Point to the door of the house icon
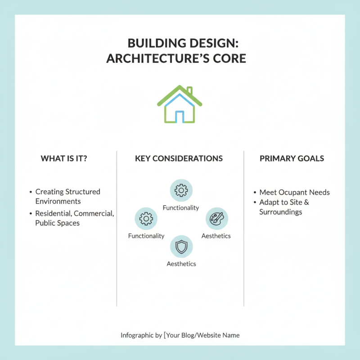click(x=180, y=117)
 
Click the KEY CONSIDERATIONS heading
click(x=179, y=158)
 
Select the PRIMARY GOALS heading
click(x=292, y=158)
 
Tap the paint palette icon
click(x=216, y=219)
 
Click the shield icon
click(x=181, y=247)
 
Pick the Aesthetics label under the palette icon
click(x=216, y=236)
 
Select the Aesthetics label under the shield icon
click(x=181, y=264)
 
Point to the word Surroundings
click(x=280, y=212)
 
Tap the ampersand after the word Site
click(x=307, y=202)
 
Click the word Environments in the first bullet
click(x=58, y=201)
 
